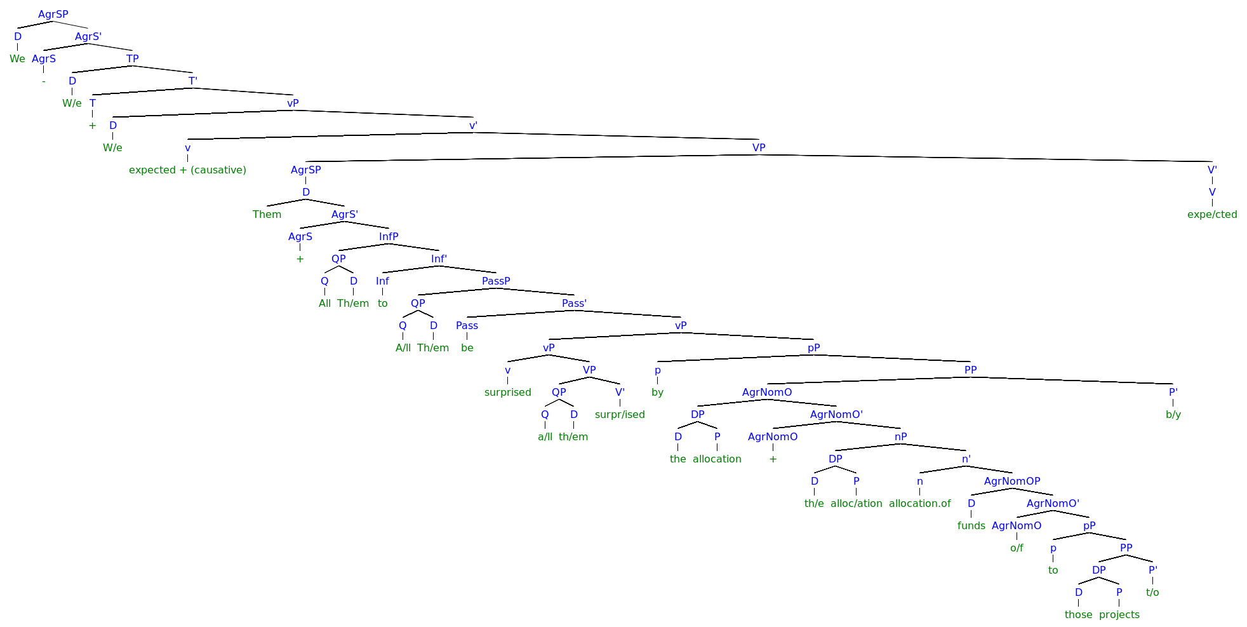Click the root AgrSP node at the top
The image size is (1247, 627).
point(53,14)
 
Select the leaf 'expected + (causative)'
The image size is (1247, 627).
point(187,170)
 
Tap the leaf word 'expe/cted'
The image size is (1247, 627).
point(1211,214)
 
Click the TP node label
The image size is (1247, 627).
point(132,58)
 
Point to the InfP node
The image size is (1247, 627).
point(389,236)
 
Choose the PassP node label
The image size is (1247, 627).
point(496,281)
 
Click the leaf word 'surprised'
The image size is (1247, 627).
point(507,392)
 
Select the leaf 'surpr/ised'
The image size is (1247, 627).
point(620,414)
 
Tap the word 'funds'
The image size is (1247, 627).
point(971,525)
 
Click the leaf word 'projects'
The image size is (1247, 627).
point(1119,614)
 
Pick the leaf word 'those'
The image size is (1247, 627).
point(1078,614)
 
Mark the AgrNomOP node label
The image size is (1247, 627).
point(1012,481)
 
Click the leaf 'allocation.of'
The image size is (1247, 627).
point(919,503)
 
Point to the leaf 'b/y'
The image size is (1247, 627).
point(1173,414)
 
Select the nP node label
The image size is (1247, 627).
point(900,436)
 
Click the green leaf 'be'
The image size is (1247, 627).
point(467,347)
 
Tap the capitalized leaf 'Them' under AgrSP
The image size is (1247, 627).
point(267,214)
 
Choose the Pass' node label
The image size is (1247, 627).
point(574,303)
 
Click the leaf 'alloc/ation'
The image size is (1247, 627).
point(856,503)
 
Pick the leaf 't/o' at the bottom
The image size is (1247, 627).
point(1152,592)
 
